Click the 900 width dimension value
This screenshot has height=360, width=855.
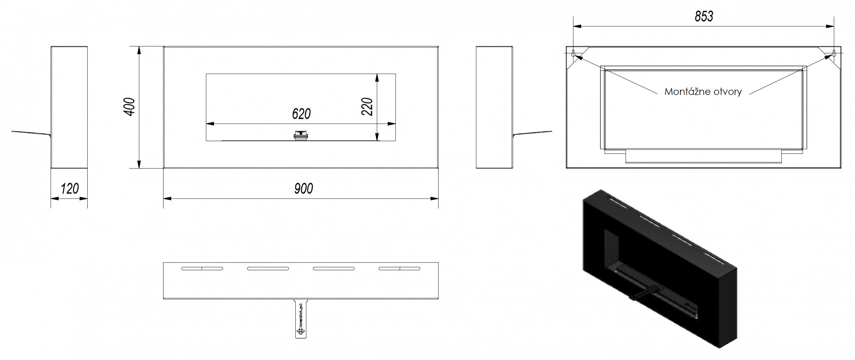[x=303, y=189]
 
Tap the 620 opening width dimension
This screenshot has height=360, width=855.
[x=301, y=114]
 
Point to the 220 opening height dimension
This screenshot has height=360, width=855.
[x=367, y=106]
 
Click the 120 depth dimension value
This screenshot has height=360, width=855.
[x=69, y=189]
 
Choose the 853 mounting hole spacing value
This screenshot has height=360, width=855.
[x=704, y=17]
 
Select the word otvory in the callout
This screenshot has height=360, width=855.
[x=727, y=92]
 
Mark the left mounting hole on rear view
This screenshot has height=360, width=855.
[x=573, y=54]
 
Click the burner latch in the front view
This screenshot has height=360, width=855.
[x=301, y=136]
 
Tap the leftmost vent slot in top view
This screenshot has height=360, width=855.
[x=202, y=269]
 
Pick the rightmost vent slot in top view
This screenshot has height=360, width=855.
[x=399, y=269]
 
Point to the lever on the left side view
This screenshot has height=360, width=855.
[x=31, y=133]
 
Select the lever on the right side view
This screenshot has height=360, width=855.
[x=533, y=133]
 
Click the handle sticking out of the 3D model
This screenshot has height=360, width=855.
[x=643, y=294]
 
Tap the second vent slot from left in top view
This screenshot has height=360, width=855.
[x=268, y=269]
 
